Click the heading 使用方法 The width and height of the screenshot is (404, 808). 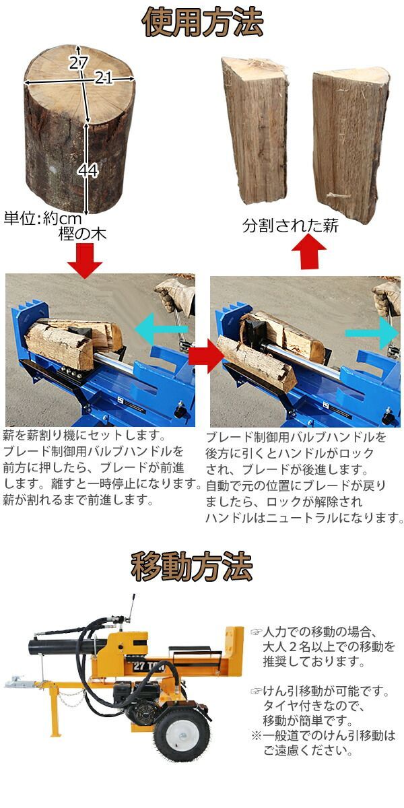click(203, 22)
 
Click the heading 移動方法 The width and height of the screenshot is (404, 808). click(191, 566)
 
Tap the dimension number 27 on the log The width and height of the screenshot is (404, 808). click(78, 63)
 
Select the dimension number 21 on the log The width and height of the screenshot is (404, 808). click(104, 77)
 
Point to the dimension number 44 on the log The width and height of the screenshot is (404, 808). click(88, 170)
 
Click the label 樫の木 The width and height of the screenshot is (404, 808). click(83, 234)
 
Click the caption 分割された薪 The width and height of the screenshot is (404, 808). click(290, 226)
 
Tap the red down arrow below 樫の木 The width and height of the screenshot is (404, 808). click(85, 261)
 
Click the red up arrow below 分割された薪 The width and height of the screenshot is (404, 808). click(309, 252)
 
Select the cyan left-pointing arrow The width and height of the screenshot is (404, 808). click(161, 329)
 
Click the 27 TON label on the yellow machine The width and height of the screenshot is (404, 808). click(148, 665)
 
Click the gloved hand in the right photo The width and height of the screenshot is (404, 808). click(387, 299)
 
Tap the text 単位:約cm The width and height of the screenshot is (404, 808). click(43, 218)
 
